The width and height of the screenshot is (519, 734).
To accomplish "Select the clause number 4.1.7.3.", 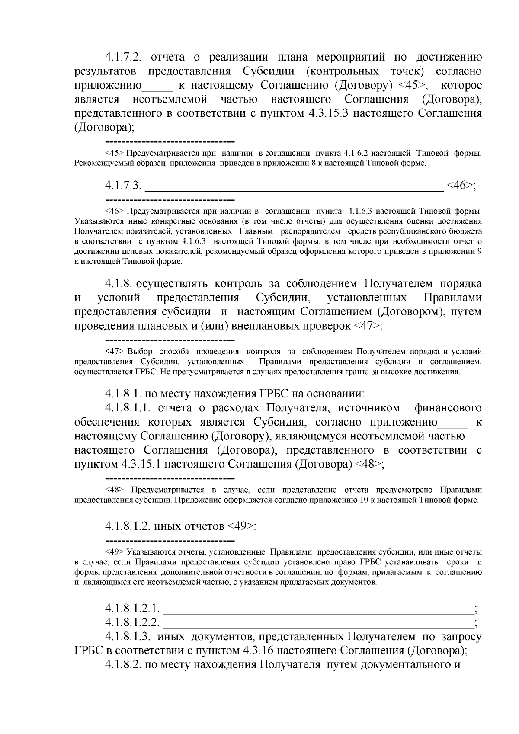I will click(123, 185).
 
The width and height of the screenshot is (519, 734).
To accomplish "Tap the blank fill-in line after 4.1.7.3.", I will click(294, 187).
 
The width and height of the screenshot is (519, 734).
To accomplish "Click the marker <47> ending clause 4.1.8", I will click(367, 326).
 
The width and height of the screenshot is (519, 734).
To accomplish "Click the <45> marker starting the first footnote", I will click(114, 153).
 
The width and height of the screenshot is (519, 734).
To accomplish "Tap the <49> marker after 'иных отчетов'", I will click(240, 526).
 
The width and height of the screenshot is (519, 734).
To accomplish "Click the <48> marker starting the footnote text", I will click(114, 490).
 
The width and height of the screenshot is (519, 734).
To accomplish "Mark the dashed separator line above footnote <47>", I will click(170, 340).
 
